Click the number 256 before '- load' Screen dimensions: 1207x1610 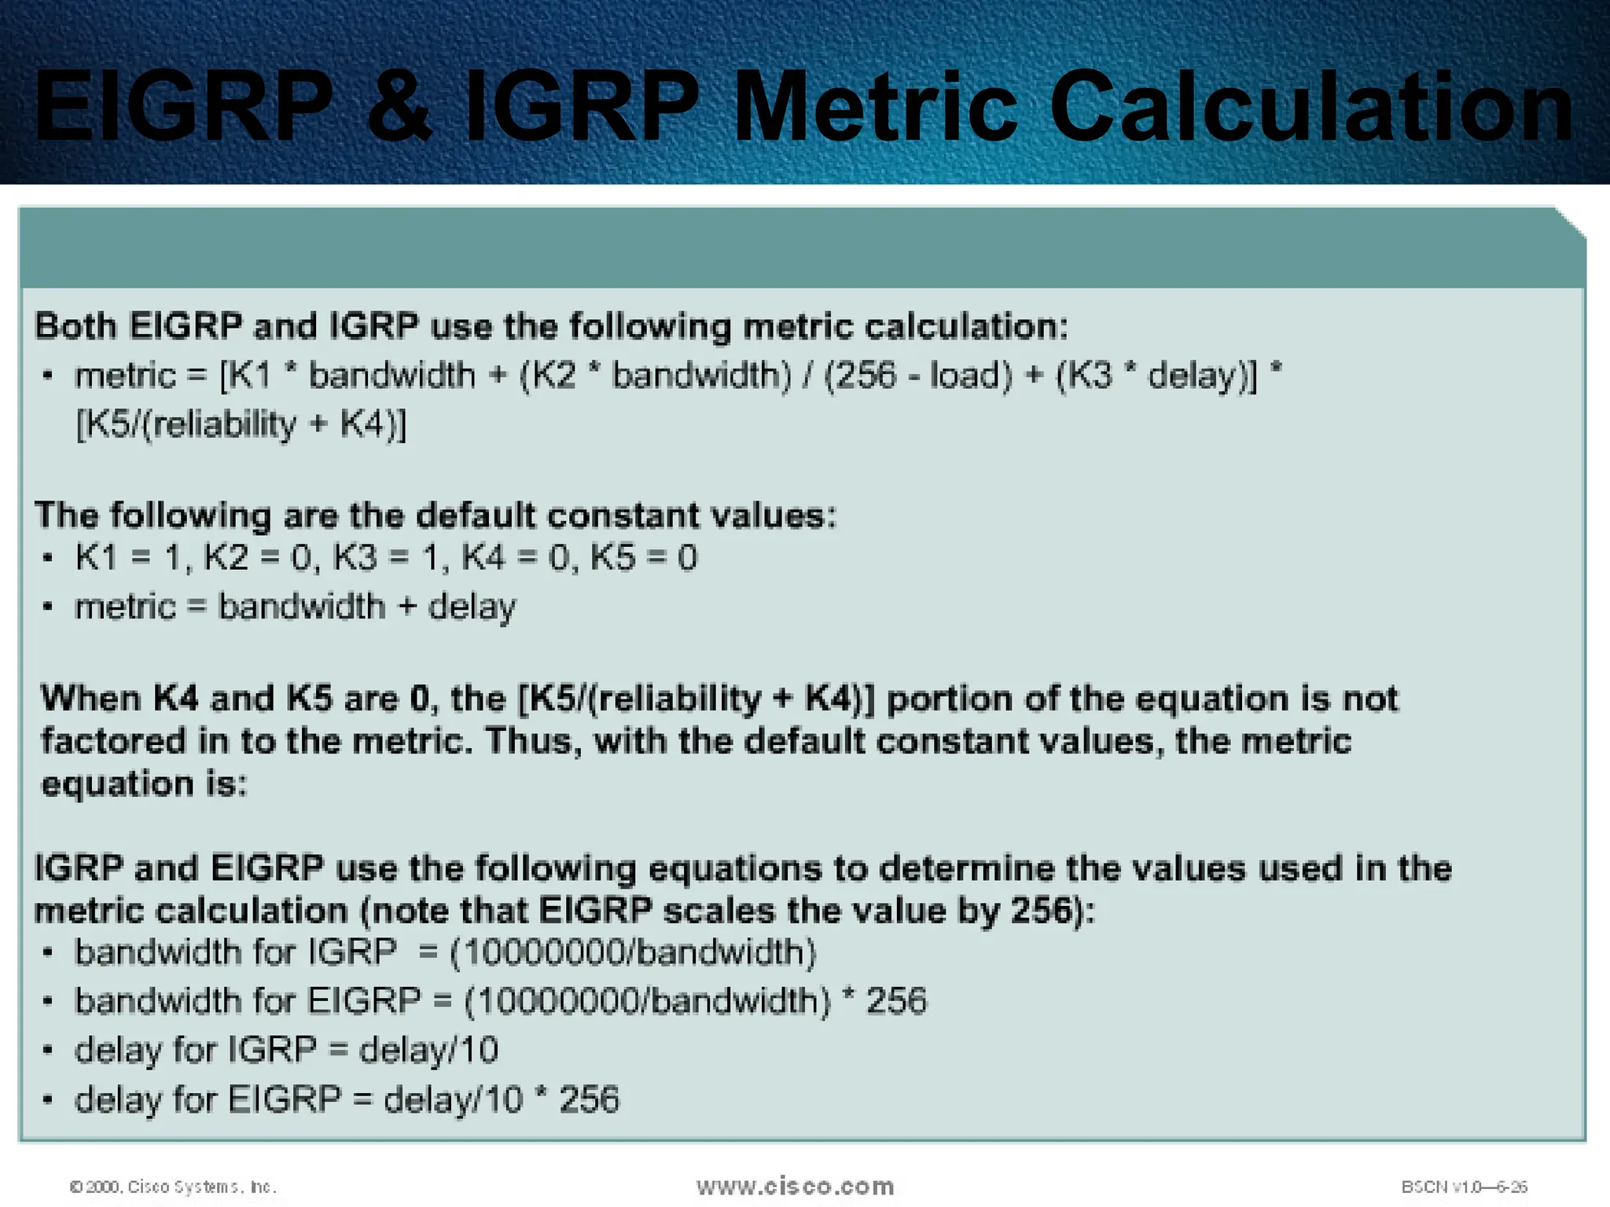tap(865, 376)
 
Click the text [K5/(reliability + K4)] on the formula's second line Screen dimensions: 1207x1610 tap(241, 425)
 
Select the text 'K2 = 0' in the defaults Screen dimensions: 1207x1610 tap(258, 558)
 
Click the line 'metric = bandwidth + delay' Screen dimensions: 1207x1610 tap(295, 607)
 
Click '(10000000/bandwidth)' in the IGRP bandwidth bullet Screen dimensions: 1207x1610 tap(634, 952)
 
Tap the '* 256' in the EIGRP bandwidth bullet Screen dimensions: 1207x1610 tap(884, 1001)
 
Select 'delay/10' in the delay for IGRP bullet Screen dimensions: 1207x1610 tap(428, 1051)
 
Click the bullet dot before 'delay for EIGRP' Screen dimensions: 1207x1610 tap(48, 1099)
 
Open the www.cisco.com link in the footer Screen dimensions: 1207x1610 tap(795, 1186)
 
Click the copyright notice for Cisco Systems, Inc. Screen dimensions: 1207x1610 tap(173, 1187)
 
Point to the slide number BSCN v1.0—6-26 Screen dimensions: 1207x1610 tap(1464, 1187)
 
